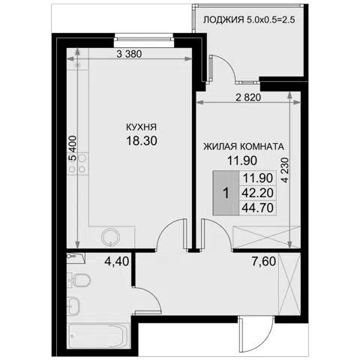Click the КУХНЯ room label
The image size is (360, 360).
pos(141,127)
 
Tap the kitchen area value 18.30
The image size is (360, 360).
pos(142,141)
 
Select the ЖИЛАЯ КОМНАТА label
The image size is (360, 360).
pos(244,146)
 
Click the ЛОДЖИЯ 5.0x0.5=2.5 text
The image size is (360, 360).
pos(249,19)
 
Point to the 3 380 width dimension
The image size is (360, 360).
pos(129,54)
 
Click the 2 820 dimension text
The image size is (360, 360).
pos(248,97)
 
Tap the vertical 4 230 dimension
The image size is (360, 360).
pos(285,169)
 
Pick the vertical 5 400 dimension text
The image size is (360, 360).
pos(73,148)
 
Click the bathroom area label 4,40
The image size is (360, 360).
pos(117,262)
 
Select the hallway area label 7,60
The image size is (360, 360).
pos(264,262)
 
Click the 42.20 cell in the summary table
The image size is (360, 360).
pos(258,193)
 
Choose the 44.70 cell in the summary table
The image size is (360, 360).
pos(258,208)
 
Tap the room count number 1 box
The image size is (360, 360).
pos(226,193)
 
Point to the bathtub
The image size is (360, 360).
pos(98,335)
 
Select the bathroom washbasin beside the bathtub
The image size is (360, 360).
pos(73,305)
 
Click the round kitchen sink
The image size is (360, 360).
pos(110,237)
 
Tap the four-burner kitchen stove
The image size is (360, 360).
pos(78,163)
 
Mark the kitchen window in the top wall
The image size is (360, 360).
pos(144,39)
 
